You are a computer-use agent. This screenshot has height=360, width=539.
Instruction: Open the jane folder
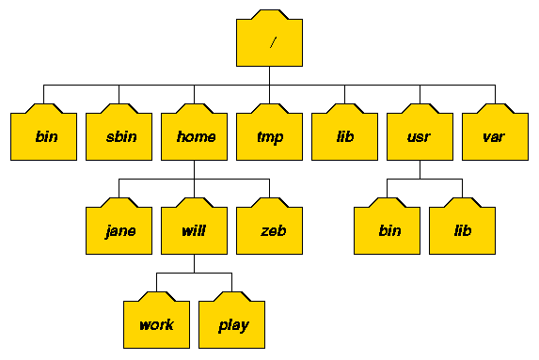[x=119, y=228]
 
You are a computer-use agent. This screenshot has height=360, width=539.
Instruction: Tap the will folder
[x=194, y=228]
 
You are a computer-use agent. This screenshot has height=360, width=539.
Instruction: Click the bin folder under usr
[x=387, y=228]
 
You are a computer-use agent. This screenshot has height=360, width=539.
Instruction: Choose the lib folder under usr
[x=462, y=228]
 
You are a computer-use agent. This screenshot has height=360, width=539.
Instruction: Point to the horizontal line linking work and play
[x=194, y=273]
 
